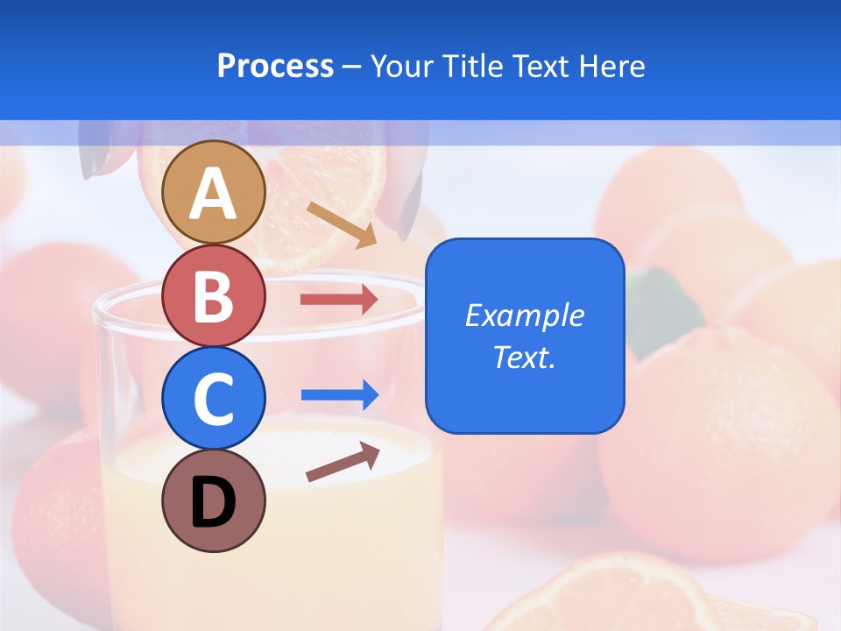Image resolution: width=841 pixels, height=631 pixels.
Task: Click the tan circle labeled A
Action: pyautogui.click(x=214, y=192)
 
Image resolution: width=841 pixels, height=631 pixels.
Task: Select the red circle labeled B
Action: pyautogui.click(x=214, y=295)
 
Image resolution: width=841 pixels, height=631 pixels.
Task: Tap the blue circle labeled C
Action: pyautogui.click(x=214, y=398)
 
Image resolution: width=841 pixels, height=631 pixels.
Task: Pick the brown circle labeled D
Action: pyautogui.click(x=214, y=500)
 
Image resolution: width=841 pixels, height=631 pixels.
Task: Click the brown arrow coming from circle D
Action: pyautogui.click(x=343, y=462)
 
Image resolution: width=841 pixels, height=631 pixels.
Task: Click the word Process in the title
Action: pyautogui.click(x=275, y=67)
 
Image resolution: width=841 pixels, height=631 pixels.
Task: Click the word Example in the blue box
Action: pyautogui.click(x=524, y=315)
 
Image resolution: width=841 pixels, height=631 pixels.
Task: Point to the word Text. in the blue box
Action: pyautogui.click(x=524, y=358)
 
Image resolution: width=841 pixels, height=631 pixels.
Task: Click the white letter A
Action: pyautogui.click(x=214, y=194)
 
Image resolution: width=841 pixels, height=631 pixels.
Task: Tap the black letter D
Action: pyautogui.click(x=214, y=502)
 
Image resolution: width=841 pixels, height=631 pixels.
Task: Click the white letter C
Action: pyautogui.click(x=214, y=400)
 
